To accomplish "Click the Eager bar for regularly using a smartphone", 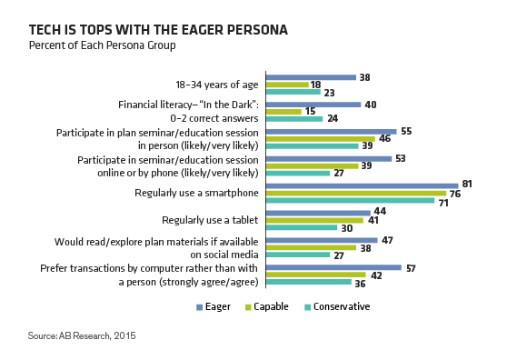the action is point(362,185).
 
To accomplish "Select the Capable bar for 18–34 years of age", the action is point(287,85).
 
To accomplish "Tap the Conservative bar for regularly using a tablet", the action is point(302,227).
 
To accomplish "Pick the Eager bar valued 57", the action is point(333,267).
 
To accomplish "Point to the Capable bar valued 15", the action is point(283,112).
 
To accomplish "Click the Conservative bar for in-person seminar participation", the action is point(313,146).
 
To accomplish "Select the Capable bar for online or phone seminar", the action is point(313,166).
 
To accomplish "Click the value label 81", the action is point(467,184).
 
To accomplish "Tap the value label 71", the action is point(443,203).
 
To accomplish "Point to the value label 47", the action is point(387,240).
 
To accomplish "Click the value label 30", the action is point(347,228).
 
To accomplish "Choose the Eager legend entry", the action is point(214,306).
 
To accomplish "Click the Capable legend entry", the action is point(267,306).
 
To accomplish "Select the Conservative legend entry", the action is point(337,306).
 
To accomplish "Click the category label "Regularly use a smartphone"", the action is point(196,193).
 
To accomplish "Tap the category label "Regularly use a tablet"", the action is point(210,220).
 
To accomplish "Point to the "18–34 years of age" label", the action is point(217,85).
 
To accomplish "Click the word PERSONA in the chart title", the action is point(257,30).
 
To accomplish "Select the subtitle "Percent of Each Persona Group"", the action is point(102,45).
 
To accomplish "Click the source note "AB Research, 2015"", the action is point(97,335).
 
